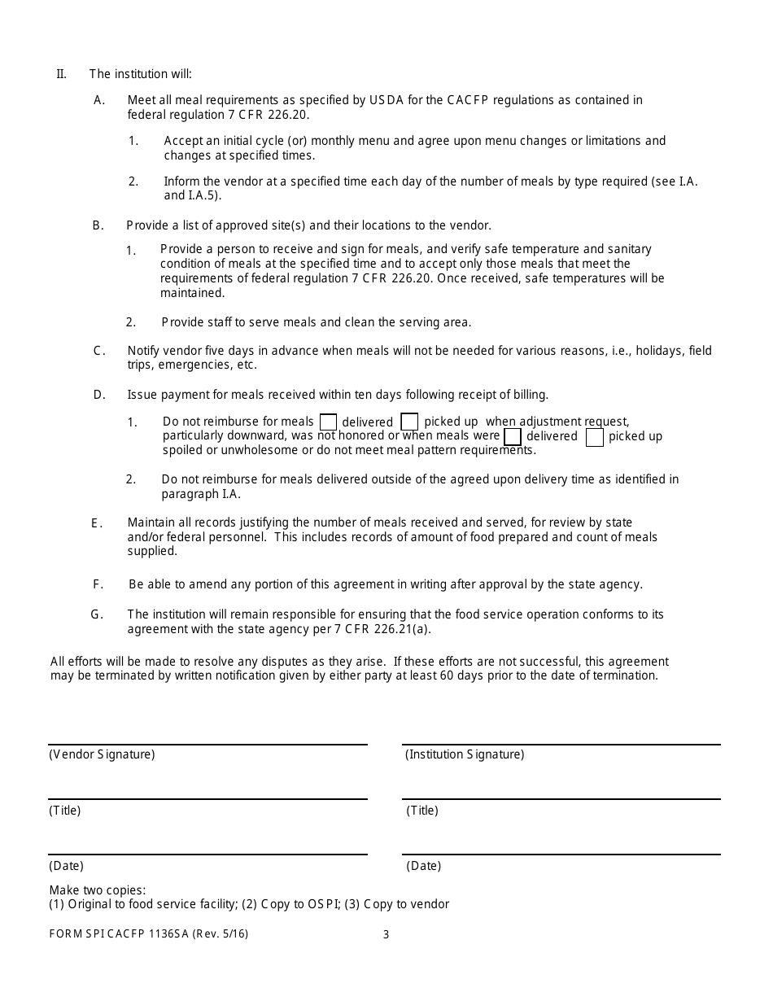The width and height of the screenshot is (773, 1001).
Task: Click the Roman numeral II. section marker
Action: tap(61, 74)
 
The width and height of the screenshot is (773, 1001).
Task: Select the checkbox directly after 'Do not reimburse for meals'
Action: tap(328, 422)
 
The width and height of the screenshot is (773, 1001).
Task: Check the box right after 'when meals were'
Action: tap(513, 437)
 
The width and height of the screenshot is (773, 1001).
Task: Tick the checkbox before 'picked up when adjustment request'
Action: tap(410, 422)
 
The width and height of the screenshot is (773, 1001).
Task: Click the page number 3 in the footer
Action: tap(386, 934)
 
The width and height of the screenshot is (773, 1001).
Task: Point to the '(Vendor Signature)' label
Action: tap(102, 754)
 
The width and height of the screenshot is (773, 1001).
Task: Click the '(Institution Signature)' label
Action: tap(465, 754)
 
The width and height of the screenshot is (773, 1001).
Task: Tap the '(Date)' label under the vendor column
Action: tap(66, 866)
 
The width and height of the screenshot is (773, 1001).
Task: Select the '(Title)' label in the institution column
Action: tap(422, 811)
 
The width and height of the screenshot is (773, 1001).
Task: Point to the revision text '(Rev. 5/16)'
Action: tap(221, 934)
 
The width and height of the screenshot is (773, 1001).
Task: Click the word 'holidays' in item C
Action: tap(659, 351)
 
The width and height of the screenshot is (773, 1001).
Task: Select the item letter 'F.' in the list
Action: tap(98, 584)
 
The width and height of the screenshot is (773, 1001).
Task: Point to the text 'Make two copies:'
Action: tap(98, 890)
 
